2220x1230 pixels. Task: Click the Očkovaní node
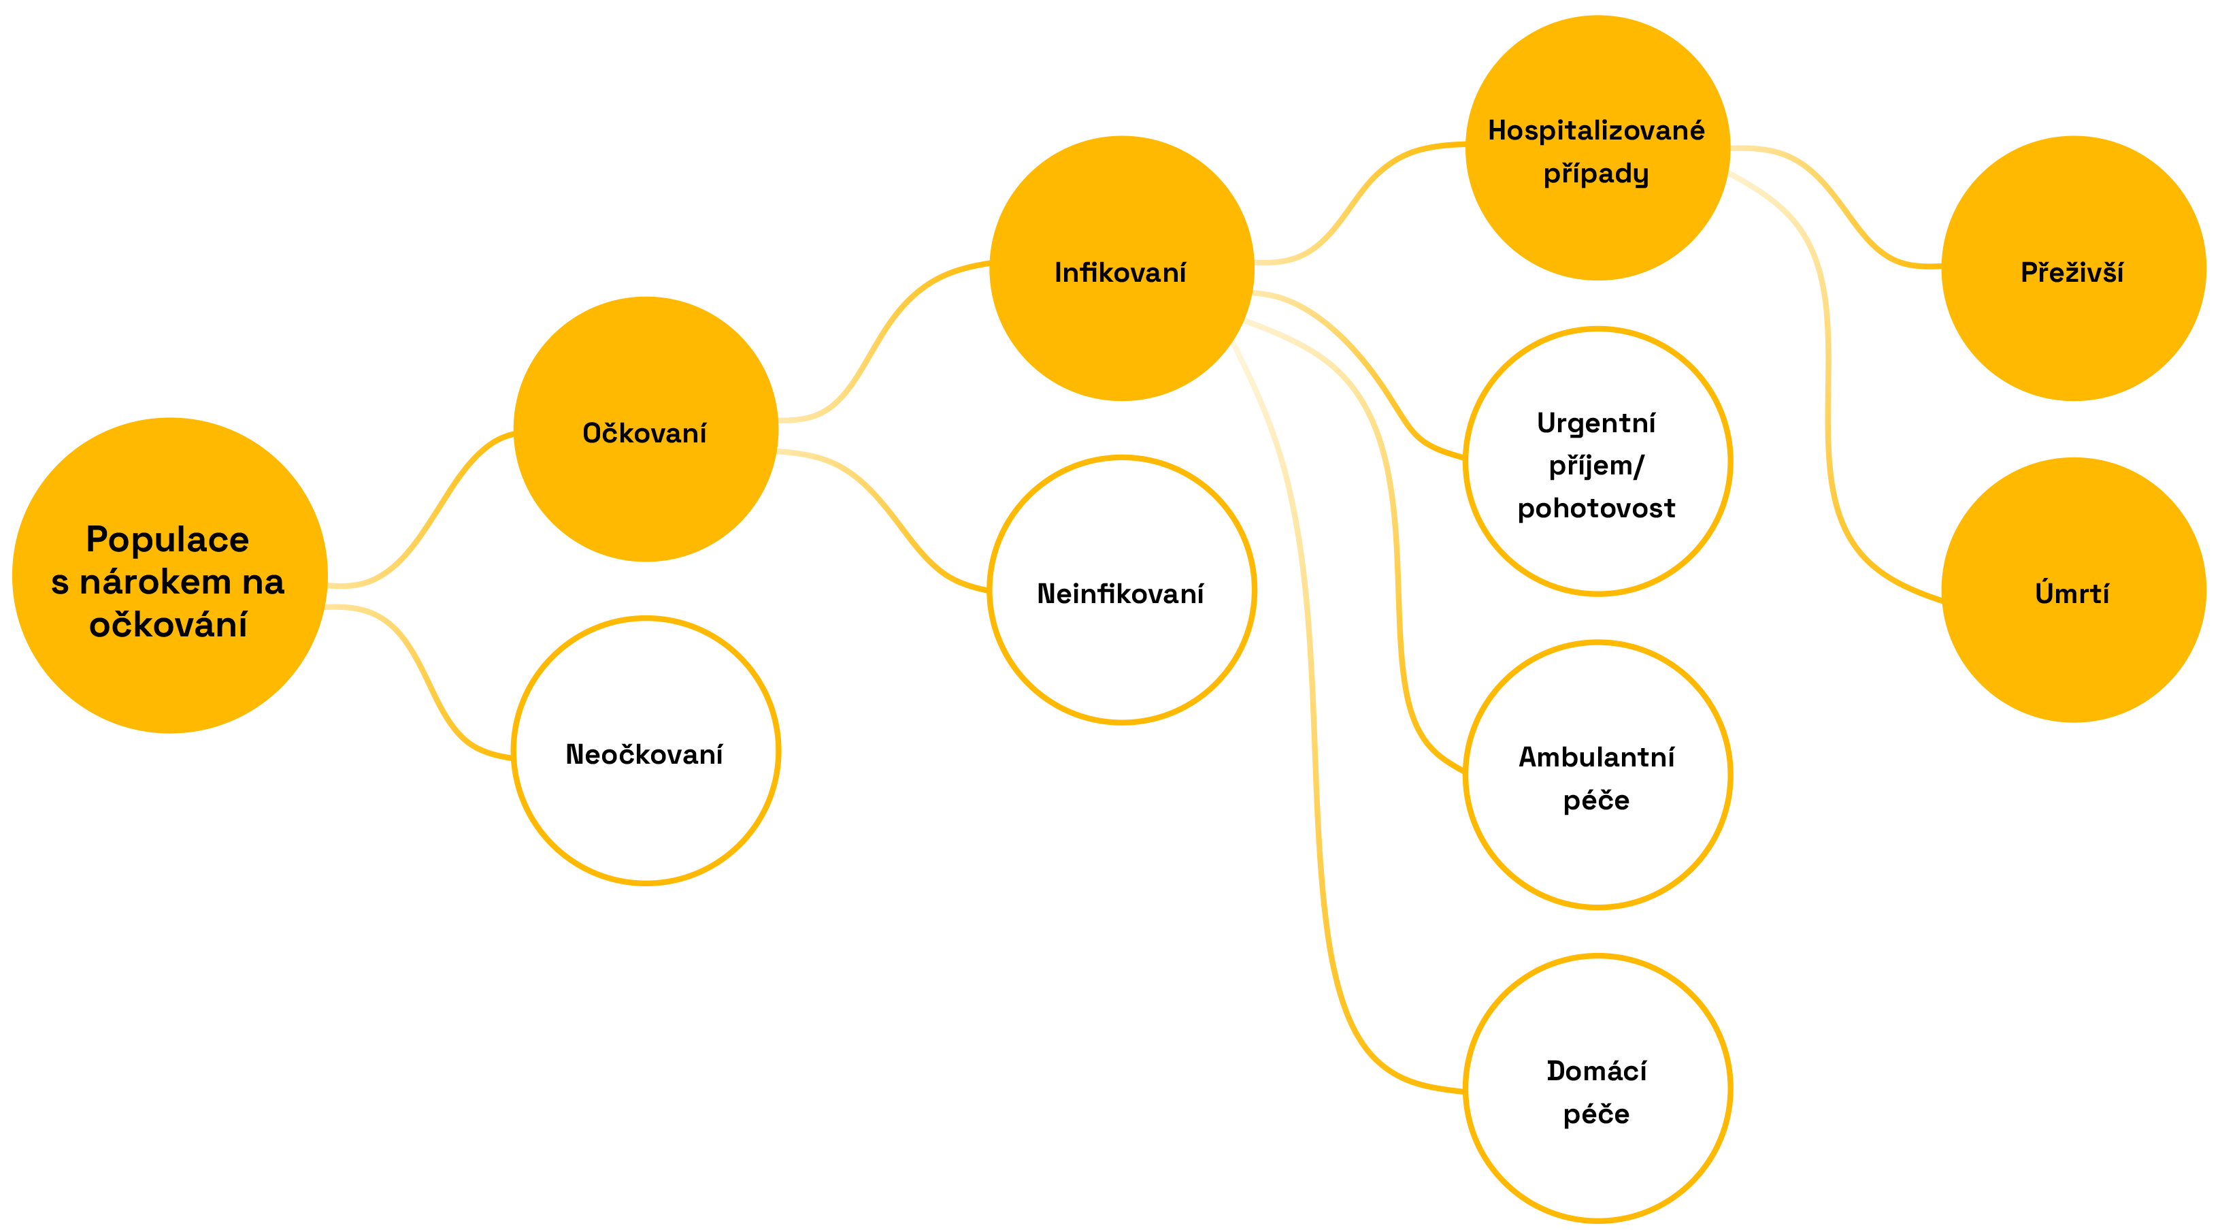(x=646, y=430)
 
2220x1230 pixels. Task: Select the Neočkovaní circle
(x=646, y=751)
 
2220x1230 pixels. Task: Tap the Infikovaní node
(x=1121, y=268)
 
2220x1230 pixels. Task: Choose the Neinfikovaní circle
(x=1121, y=590)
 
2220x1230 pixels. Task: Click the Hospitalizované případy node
(x=1597, y=148)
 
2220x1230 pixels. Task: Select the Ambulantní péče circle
(x=1597, y=775)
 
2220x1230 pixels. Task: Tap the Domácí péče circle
(x=1597, y=1088)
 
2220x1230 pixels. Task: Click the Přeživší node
(x=2072, y=268)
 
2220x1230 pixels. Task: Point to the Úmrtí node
(x=2072, y=590)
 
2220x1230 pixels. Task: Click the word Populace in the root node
(x=167, y=540)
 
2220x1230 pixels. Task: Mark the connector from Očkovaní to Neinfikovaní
(x=888, y=517)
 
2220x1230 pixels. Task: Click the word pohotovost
(x=1596, y=508)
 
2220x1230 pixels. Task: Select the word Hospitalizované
(x=1596, y=130)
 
